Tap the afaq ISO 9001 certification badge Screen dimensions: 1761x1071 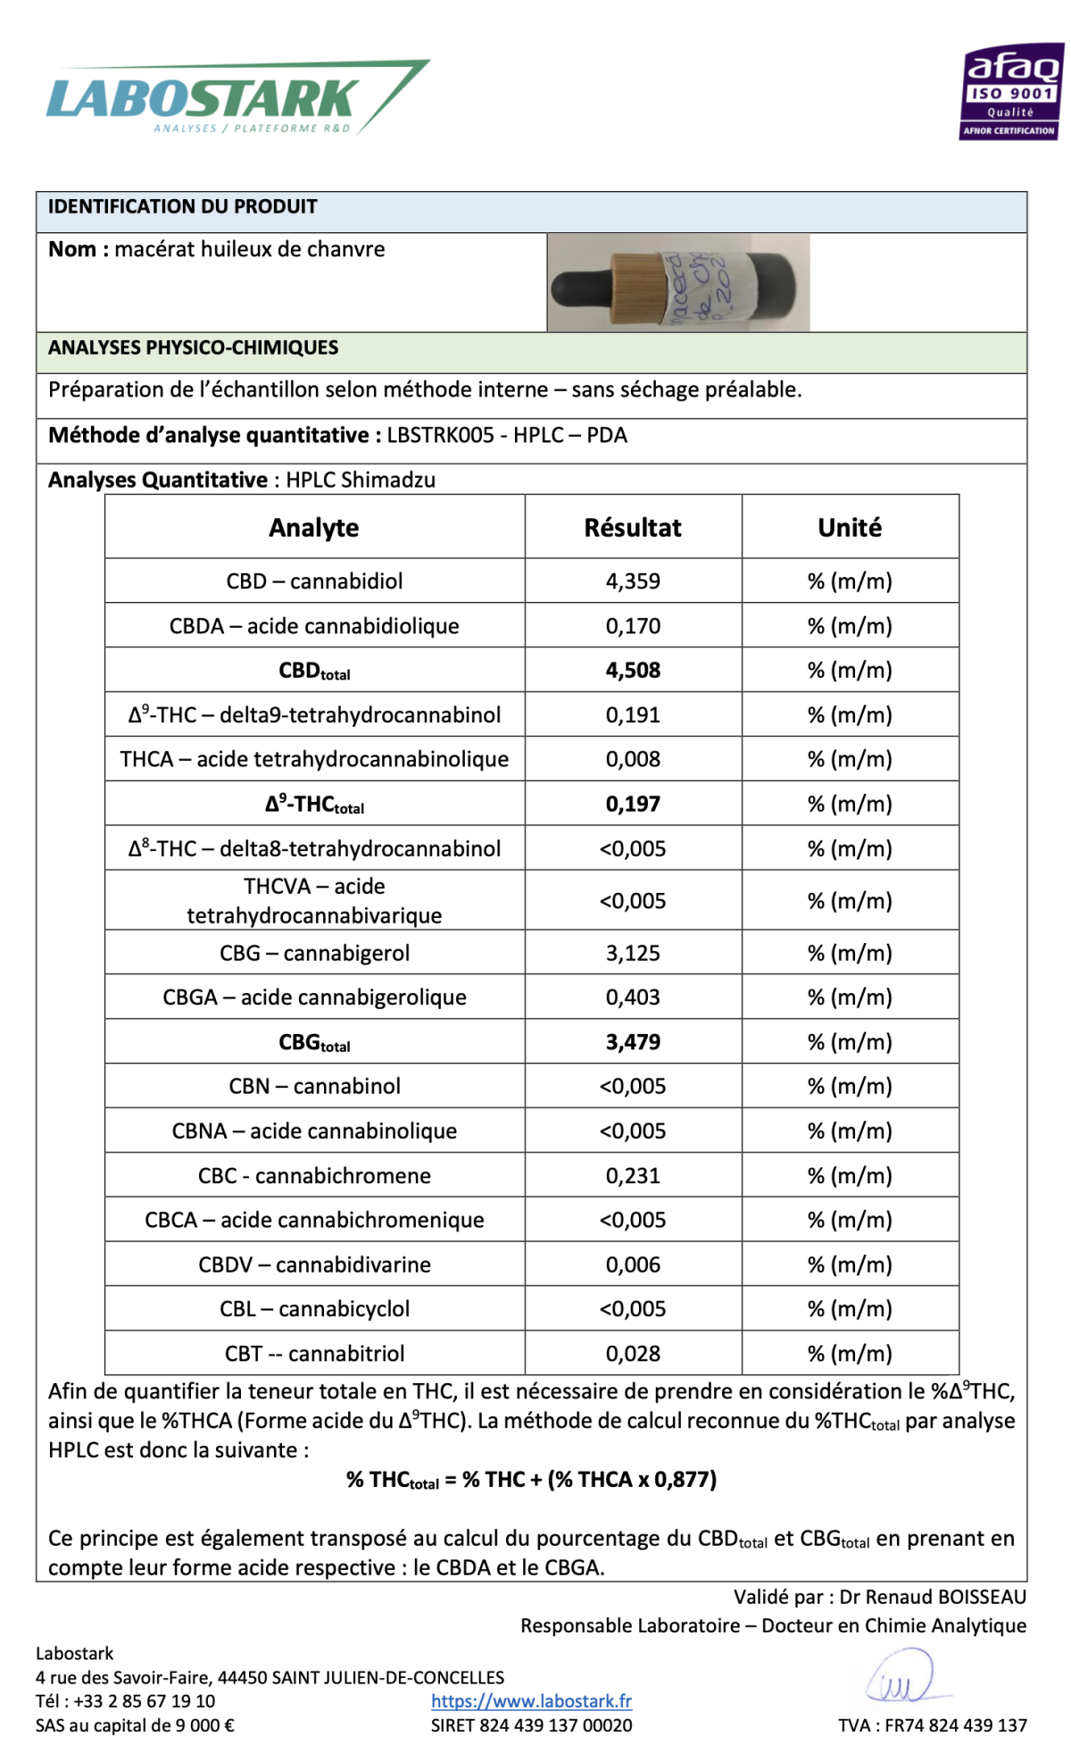(1011, 92)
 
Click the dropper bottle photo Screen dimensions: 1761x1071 (677, 282)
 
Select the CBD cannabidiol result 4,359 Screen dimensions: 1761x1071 (633, 581)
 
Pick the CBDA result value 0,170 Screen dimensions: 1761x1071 (633, 626)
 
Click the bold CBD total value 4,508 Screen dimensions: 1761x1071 (633, 671)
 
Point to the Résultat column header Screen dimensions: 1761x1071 (633, 528)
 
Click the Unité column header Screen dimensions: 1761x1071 (850, 528)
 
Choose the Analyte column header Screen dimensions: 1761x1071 (314, 528)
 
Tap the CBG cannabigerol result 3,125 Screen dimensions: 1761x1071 (633, 953)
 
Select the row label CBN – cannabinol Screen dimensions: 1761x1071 (314, 1087)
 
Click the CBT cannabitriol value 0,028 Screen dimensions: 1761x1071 (633, 1354)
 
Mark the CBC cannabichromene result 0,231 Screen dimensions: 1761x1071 (633, 1176)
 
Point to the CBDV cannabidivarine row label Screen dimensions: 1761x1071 (314, 1264)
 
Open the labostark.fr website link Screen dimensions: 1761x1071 (531, 1701)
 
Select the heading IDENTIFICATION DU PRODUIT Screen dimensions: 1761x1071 (183, 207)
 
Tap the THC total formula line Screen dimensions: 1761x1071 (531, 1480)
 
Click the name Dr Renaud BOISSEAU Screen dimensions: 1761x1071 (932, 1597)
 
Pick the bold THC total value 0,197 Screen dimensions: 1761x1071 (633, 805)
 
